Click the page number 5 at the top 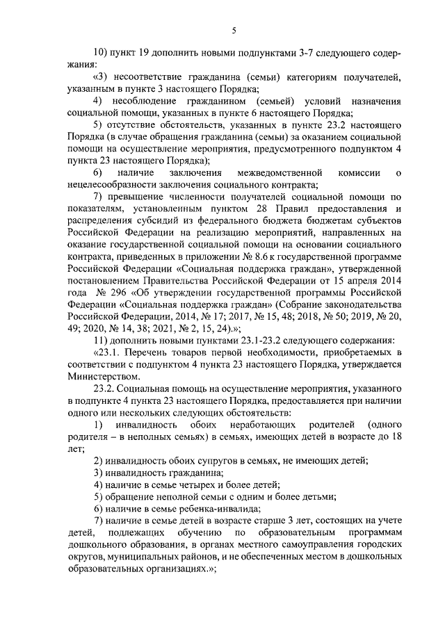click(x=234, y=30)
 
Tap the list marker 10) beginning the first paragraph click(x=99, y=53)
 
